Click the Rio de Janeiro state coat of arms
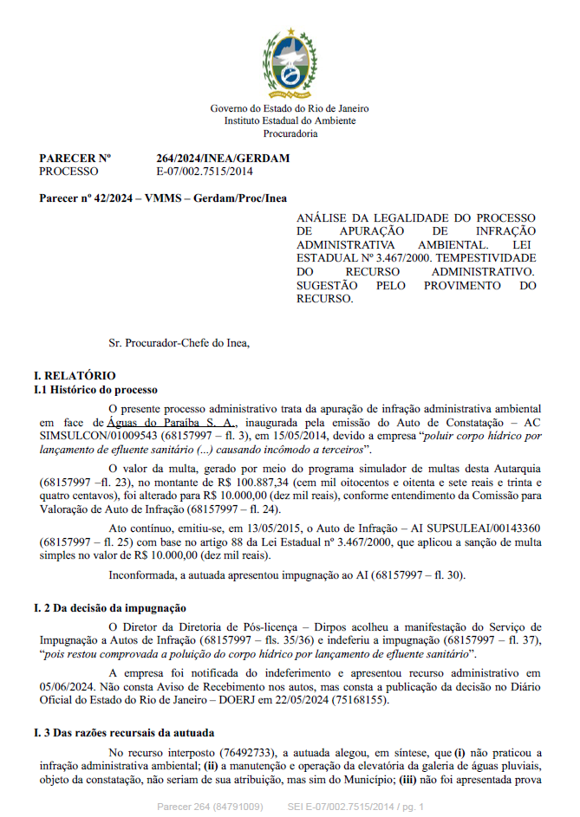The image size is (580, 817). coord(290,60)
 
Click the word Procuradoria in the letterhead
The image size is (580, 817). coord(290,133)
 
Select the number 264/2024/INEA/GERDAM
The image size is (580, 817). coord(223,159)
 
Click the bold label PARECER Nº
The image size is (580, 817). coord(75,159)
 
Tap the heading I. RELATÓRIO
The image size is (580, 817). coord(74,376)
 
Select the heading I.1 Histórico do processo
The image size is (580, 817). coord(95,390)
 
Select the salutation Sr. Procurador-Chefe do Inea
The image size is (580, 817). coord(179,343)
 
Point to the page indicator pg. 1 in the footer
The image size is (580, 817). coord(408,807)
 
